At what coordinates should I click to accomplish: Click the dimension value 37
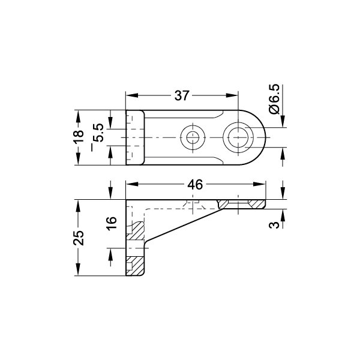(182, 95)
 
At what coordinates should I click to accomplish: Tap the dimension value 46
(195, 185)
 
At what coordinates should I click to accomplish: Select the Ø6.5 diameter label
(275, 99)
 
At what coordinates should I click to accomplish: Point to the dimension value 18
(79, 137)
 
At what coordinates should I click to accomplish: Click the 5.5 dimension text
(99, 133)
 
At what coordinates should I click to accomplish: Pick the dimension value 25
(79, 238)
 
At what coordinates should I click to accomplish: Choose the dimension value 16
(112, 223)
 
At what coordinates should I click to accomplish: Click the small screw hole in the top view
(193, 137)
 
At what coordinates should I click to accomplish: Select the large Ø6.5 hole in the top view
(239, 137)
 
